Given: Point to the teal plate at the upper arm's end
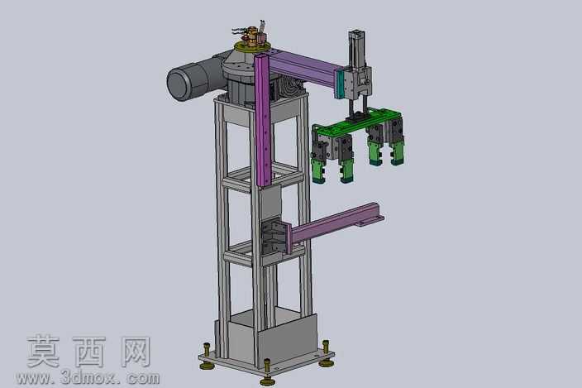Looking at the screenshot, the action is [x=339, y=84].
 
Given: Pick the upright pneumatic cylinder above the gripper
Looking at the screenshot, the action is [x=356, y=48].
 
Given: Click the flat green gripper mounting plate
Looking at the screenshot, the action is [x=356, y=122].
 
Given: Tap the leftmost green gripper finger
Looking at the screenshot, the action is [x=318, y=171].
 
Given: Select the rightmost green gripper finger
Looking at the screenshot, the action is [x=397, y=153].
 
